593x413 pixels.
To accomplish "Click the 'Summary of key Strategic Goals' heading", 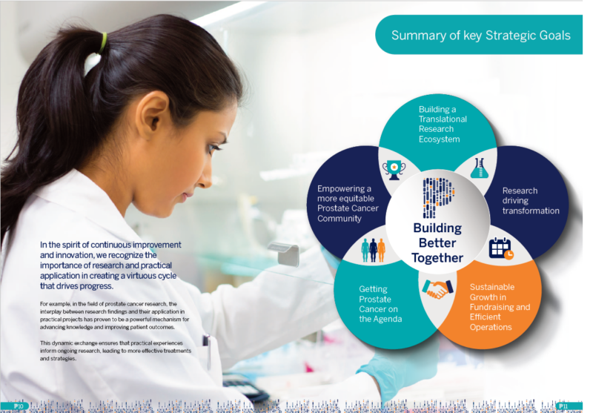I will (x=480, y=35).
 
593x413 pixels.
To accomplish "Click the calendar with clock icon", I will (x=501, y=248).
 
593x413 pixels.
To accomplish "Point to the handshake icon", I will (x=437, y=288).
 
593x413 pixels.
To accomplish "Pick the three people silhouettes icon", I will (x=373, y=250).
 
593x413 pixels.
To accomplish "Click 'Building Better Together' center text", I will (x=437, y=242).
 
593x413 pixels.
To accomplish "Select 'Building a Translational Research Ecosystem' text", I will (x=443, y=124).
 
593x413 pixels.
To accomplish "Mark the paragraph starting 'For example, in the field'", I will (x=119, y=315).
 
